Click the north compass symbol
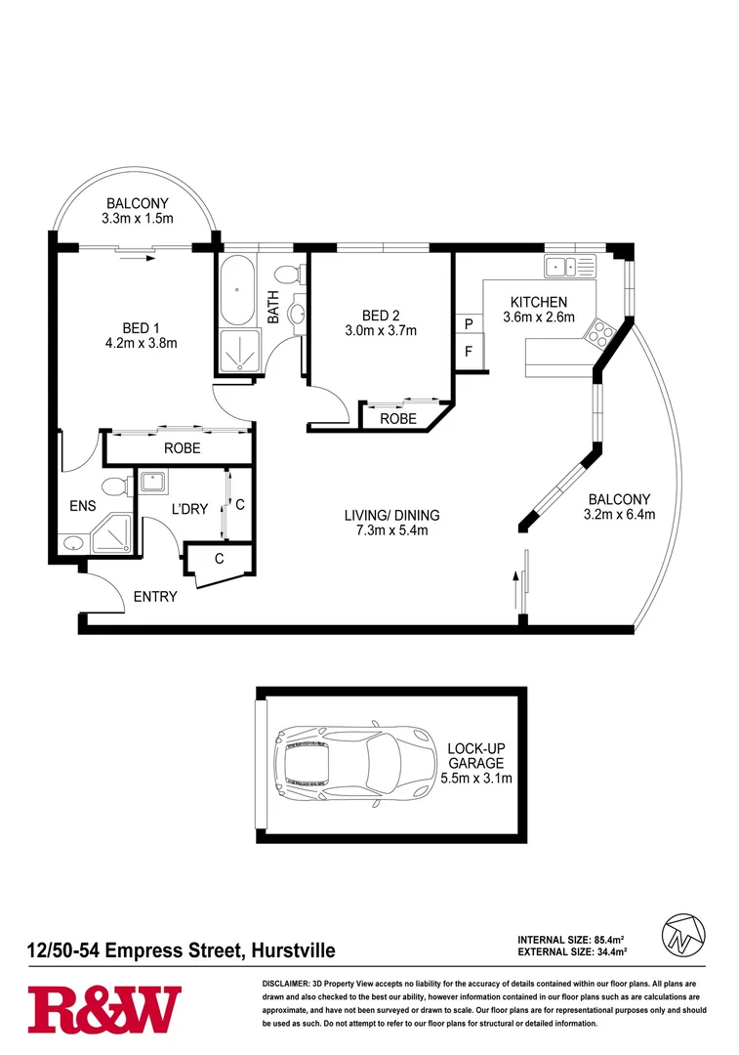click(x=684, y=934)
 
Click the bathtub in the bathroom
click(x=236, y=290)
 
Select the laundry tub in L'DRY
click(x=152, y=481)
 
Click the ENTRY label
click(x=155, y=596)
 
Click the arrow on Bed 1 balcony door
click(x=144, y=259)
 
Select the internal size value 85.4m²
click(x=608, y=939)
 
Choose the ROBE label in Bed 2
click(x=399, y=418)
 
